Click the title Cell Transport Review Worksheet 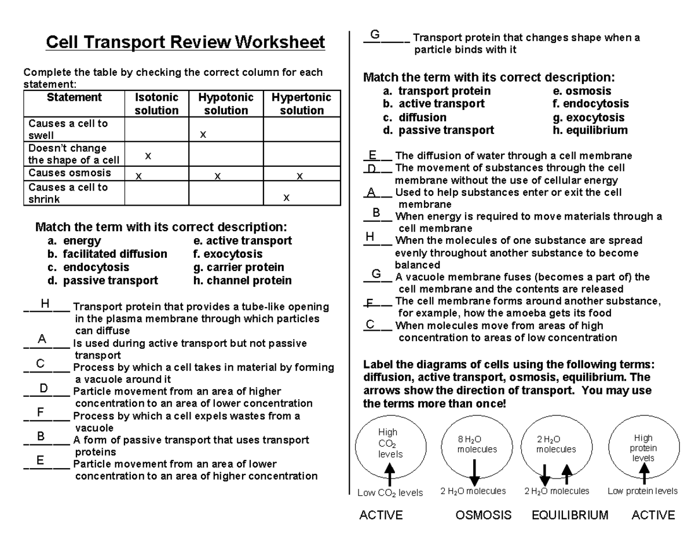click(x=185, y=42)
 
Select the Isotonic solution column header click(x=156, y=104)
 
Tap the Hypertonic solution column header click(x=301, y=104)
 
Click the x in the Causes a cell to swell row click(x=203, y=134)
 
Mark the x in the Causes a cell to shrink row click(x=286, y=198)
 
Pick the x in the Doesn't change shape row click(x=148, y=155)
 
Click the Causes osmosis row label click(x=69, y=173)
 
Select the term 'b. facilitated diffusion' click(x=107, y=254)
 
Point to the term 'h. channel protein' click(x=242, y=280)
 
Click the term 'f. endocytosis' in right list click(x=591, y=104)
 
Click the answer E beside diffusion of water click(x=372, y=155)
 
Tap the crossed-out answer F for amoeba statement click(x=370, y=302)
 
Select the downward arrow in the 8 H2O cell click(x=474, y=472)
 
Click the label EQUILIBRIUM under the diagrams click(x=570, y=515)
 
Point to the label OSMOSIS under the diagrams click(x=483, y=515)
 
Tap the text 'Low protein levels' click(x=642, y=491)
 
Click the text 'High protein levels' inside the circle click(x=643, y=448)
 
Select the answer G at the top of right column click(x=375, y=35)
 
